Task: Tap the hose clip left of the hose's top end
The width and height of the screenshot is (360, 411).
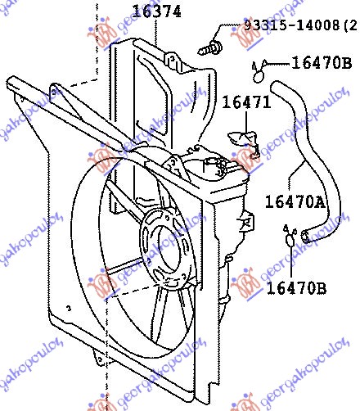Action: point(259,72)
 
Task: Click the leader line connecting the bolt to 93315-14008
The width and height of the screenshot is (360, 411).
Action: point(231,31)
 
